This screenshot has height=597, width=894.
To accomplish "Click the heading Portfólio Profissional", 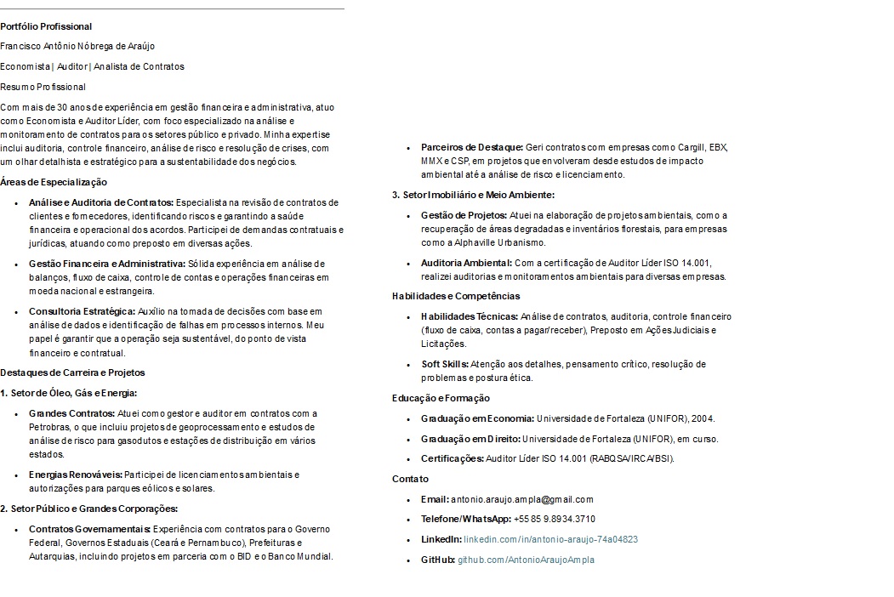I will pos(46,26).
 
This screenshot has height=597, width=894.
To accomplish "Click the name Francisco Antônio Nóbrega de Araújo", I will pos(77,46).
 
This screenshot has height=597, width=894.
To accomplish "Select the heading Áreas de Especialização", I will pos(54,182).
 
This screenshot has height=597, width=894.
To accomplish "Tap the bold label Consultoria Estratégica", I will pos(82,311).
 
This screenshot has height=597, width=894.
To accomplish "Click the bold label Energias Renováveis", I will pos(76,475).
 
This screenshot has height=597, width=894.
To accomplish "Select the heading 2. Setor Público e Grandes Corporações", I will pos(88,509).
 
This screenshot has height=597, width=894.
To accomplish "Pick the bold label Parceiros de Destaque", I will pos(472,147).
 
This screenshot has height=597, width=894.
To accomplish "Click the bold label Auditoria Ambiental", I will pos(466,263).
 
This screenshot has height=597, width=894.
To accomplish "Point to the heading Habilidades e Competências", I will pos(456,296).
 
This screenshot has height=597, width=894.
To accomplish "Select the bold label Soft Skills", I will pos(444,364).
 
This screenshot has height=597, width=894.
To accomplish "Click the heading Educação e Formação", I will pos(441,398).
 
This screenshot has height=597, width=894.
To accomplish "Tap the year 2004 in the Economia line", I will pos(702,418).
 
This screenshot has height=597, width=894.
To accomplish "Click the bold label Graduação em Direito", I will pos(470,439).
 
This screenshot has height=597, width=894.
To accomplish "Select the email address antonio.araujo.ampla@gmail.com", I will pos(522,499).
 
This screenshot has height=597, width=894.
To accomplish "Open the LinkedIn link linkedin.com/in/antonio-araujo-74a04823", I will pos(550,539).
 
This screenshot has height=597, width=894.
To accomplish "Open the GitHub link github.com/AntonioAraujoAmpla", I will pos(526,560).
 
